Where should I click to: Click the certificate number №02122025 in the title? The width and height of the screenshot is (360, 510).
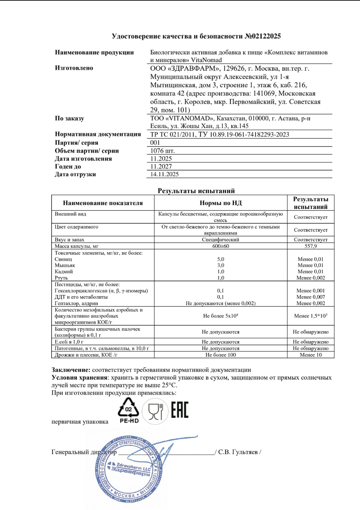(x=262, y=36)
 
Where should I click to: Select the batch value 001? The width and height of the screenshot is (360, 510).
(x=155, y=143)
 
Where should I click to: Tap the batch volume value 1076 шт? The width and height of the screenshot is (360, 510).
(x=162, y=151)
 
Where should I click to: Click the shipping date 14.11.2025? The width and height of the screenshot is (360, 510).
(x=164, y=174)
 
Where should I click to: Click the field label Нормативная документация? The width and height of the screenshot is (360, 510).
(x=98, y=135)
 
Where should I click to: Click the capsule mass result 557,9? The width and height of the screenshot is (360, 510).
(x=310, y=246)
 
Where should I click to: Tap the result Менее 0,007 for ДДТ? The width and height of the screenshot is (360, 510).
(x=310, y=296)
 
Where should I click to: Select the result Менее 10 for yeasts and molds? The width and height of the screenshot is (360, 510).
(x=310, y=355)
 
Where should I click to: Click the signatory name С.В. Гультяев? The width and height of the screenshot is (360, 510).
(x=239, y=452)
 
